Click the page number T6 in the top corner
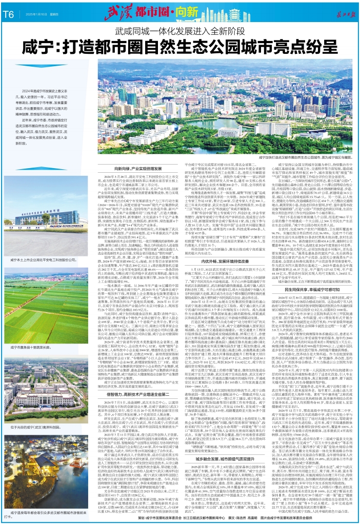click(9, 14)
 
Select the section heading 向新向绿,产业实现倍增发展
click(141, 139)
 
